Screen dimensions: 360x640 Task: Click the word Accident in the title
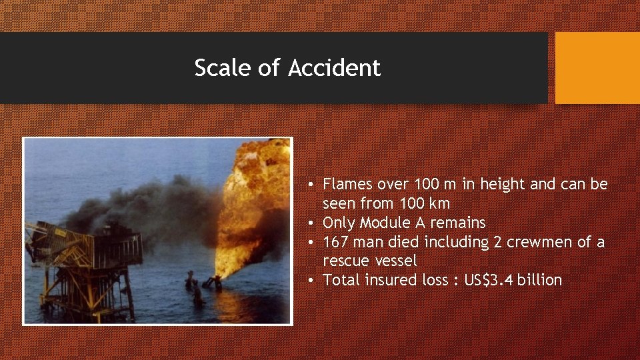(x=335, y=68)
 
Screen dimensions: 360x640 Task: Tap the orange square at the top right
(x=597, y=68)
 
